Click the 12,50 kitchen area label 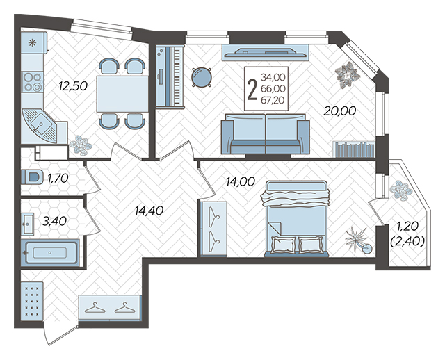tap(72, 85)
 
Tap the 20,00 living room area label tap(340, 111)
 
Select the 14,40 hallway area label tap(149, 211)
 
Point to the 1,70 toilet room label tap(58, 179)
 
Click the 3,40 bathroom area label tap(54, 221)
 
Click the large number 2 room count tap(252, 89)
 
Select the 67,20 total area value tap(273, 100)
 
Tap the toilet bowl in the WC tap(32, 177)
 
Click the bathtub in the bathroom tap(50, 252)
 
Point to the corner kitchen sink tap(40, 125)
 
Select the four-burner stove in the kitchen tap(33, 82)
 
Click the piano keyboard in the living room tap(170, 76)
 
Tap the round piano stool tap(201, 77)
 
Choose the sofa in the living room tap(266, 133)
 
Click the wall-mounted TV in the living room tap(266, 52)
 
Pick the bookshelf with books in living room tap(354, 149)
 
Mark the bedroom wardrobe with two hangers tap(213, 229)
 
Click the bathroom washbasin tap(28, 224)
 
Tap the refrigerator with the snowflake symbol tap(33, 43)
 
